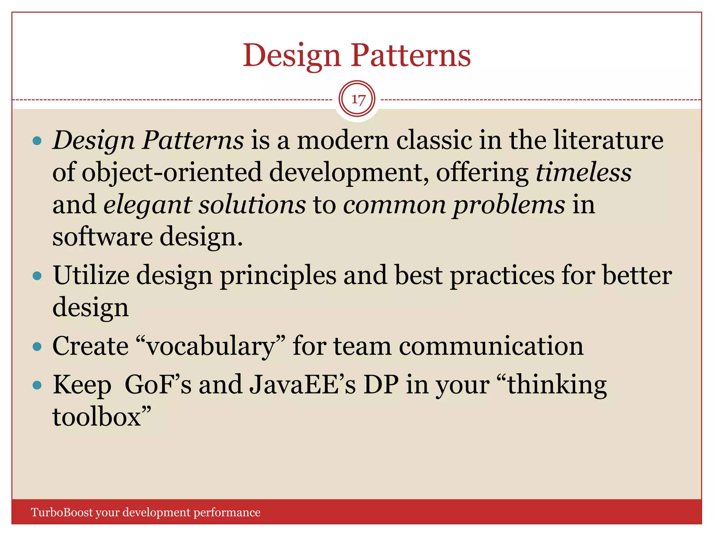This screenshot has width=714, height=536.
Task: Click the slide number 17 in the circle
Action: click(x=358, y=99)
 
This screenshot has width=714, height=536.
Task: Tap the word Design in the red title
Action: click(x=291, y=56)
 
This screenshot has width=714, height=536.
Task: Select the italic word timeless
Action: click(x=583, y=172)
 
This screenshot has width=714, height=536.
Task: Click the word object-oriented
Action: click(x=172, y=172)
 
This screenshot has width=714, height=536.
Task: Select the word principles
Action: click(x=278, y=276)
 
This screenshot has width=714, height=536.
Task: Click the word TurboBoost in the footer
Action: click(x=62, y=512)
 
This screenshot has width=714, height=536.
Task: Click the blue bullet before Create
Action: click(x=37, y=347)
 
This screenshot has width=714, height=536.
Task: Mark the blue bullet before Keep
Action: click(x=37, y=385)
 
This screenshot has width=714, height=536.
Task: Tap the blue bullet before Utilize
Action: click(x=37, y=276)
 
